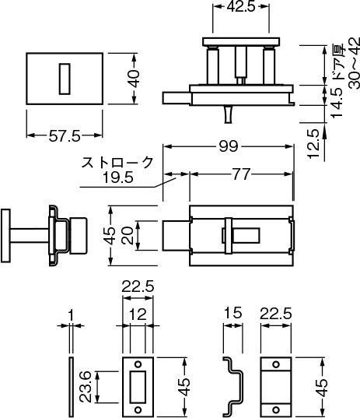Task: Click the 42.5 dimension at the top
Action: [x=241, y=7]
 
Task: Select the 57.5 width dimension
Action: [x=65, y=136]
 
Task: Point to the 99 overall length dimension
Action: [x=228, y=146]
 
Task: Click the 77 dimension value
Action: [x=241, y=174]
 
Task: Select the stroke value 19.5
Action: [x=118, y=177]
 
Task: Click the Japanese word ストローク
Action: [x=117, y=163]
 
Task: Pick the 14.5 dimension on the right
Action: [x=337, y=103]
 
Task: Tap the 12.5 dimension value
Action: [x=313, y=144]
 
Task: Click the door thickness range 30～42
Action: [x=355, y=63]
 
